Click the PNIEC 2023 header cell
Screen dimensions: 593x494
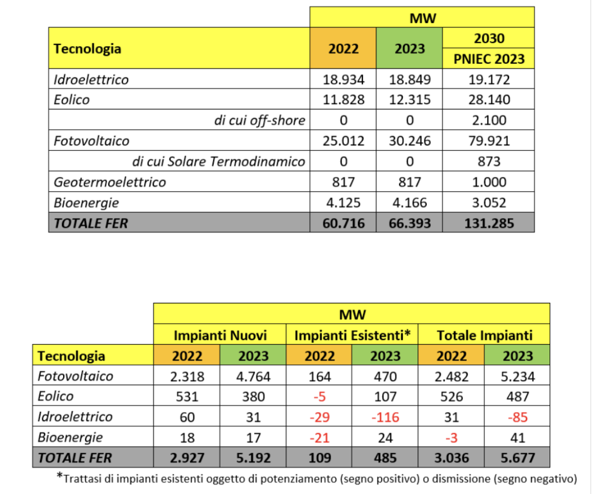click(489, 58)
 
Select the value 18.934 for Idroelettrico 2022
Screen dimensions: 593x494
click(343, 79)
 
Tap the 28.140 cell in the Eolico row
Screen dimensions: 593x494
click(489, 100)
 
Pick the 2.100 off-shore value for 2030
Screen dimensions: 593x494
click(489, 120)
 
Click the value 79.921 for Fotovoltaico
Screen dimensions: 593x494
click(489, 141)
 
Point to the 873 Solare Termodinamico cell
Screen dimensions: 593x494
click(489, 162)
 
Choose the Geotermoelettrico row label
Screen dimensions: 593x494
click(109, 182)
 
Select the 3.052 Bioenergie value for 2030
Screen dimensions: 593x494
click(489, 203)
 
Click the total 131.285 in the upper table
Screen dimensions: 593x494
click(489, 223)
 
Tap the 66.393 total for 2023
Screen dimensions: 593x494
click(409, 223)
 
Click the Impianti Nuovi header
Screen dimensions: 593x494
click(220, 335)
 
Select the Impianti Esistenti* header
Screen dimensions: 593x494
click(353, 335)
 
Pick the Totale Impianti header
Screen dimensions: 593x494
click(485, 335)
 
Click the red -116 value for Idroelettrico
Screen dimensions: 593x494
click(385, 417)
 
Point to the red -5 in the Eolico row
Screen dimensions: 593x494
click(320, 397)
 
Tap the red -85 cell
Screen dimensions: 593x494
click(518, 417)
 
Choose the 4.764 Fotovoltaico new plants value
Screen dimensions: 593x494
click(254, 377)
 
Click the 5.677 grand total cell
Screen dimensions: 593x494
click(518, 458)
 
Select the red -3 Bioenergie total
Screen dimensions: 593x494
click(452, 438)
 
